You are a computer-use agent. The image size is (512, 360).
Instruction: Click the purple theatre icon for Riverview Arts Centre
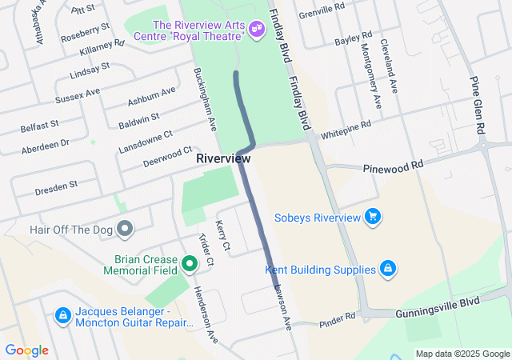(257, 30)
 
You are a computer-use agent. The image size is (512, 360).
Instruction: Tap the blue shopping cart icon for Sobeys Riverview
(372, 217)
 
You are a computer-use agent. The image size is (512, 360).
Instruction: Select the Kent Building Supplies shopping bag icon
(387, 268)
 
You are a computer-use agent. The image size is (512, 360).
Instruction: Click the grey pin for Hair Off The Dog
(124, 230)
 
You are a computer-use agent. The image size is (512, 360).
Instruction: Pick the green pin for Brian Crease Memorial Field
(190, 262)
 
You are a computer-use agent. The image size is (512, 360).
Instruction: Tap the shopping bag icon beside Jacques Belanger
(62, 315)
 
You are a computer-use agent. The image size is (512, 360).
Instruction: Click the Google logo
(26, 350)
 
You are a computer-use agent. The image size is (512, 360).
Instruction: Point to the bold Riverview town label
(222, 159)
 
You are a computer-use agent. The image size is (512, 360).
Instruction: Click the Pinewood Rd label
(392, 166)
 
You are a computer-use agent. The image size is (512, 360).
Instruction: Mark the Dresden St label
(56, 188)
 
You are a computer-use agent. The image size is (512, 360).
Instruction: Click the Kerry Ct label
(223, 234)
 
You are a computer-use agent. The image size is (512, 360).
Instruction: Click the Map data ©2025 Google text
(462, 354)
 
